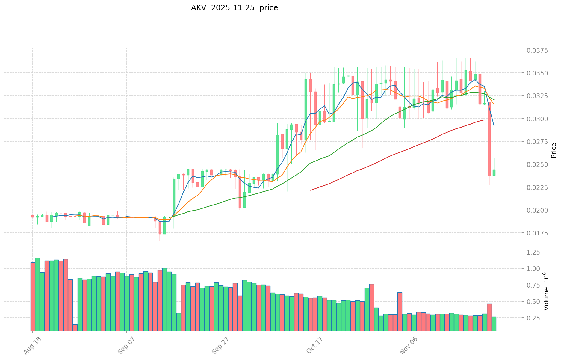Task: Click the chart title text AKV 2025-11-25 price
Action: [234, 8]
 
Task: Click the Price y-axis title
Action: [554, 150]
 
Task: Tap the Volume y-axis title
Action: [546, 291]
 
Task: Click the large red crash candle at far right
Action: [489, 139]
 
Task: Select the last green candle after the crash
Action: [494, 172]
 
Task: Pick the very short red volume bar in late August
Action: [75, 327]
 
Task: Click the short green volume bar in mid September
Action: [179, 322]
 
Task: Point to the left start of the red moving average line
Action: [310, 190]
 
